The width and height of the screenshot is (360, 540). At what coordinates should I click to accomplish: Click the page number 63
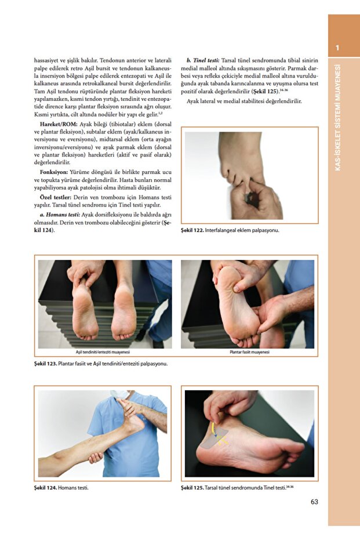coord(314,502)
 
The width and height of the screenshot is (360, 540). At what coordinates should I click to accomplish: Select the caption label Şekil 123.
coord(45,364)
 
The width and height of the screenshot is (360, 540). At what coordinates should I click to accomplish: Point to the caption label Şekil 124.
coord(45,488)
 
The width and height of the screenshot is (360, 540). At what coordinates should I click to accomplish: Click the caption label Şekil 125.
coord(193,488)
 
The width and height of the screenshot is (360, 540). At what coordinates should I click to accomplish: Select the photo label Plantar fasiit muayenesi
coord(249,351)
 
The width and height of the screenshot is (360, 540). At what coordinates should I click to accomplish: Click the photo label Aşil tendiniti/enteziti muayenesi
coord(103,351)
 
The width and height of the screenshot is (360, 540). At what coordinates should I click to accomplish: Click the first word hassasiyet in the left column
coord(49,60)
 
